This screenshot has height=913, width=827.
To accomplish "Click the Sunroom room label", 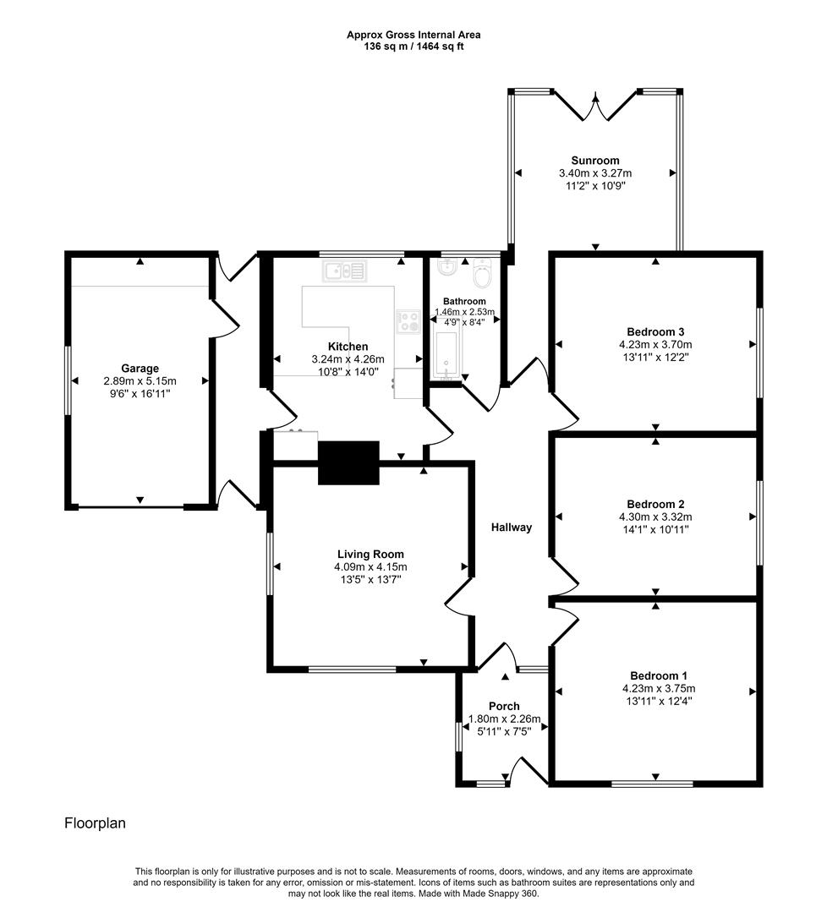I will click(594, 160).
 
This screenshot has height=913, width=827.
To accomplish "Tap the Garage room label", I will click(140, 369).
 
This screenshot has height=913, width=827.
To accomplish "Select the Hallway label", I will click(512, 528).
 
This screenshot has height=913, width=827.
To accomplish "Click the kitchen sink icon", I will click(344, 271).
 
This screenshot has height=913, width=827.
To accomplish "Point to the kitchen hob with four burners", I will click(408, 321).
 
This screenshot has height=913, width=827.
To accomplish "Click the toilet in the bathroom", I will click(483, 275).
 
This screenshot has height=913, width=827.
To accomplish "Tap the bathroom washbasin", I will click(446, 269).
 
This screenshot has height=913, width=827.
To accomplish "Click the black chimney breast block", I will click(348, 462).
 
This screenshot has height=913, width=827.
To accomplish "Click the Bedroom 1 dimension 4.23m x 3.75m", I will click(658, 688).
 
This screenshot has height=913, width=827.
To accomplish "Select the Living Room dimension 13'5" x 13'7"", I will click(371, 580).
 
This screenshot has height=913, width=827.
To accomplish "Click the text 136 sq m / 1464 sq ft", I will click(413, 46).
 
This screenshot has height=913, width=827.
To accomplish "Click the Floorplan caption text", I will click(95, 823).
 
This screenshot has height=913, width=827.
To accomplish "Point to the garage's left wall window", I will click(68, 380).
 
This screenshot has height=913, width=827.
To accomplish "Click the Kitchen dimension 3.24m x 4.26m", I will click(348, 359).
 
